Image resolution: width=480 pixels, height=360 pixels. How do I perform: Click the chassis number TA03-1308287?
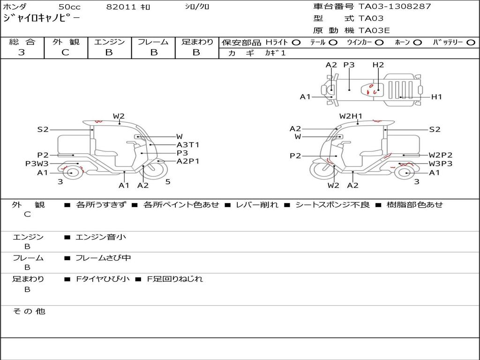395,6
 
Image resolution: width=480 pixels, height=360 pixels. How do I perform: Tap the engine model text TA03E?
374,30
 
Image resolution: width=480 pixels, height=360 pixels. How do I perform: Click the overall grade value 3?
22,52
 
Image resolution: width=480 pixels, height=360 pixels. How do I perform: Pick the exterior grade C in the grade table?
66,52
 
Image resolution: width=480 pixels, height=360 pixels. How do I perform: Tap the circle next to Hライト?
296,43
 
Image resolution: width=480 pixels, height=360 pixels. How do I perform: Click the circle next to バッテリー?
471,43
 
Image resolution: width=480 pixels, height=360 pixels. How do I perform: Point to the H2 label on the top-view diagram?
378,65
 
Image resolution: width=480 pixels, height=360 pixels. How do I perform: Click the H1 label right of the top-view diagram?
436,97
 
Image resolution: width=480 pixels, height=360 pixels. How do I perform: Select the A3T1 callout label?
187,145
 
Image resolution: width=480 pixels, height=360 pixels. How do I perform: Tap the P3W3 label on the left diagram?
37,164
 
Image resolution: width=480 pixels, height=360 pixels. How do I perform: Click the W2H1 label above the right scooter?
351,116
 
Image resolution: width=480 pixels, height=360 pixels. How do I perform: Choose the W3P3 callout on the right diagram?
441,164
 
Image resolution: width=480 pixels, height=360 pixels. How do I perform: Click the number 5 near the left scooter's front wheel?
168,181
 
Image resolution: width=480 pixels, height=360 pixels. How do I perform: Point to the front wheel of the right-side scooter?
322,170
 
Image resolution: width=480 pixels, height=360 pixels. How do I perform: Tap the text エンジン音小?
100,237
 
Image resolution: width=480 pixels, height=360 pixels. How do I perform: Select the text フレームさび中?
103,258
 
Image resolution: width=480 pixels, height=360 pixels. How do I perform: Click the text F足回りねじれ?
175,279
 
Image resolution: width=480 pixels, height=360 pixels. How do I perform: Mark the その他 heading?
29,311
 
